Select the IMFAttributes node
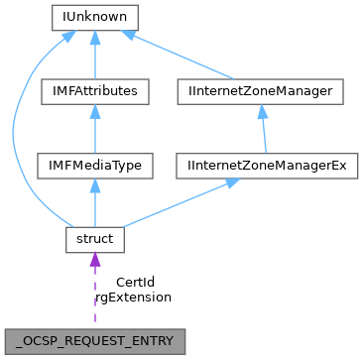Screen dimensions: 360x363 (94, 91)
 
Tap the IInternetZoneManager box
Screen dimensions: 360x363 (260, 91)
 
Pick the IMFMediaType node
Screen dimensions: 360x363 (94, 165)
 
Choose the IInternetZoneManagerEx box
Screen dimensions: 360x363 (260, 165)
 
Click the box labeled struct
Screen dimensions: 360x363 (94, 238)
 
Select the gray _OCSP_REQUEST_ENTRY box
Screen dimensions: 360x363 (94, 340)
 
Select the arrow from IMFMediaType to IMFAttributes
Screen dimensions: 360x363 (94, 128)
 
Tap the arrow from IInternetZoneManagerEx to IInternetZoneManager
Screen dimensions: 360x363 (260, 128)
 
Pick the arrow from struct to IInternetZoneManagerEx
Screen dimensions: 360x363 (179, 202)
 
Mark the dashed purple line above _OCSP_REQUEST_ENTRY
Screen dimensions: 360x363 (94, 298)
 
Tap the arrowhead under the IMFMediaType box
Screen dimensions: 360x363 (94, 185)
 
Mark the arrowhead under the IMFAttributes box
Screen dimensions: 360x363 (94, 112)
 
